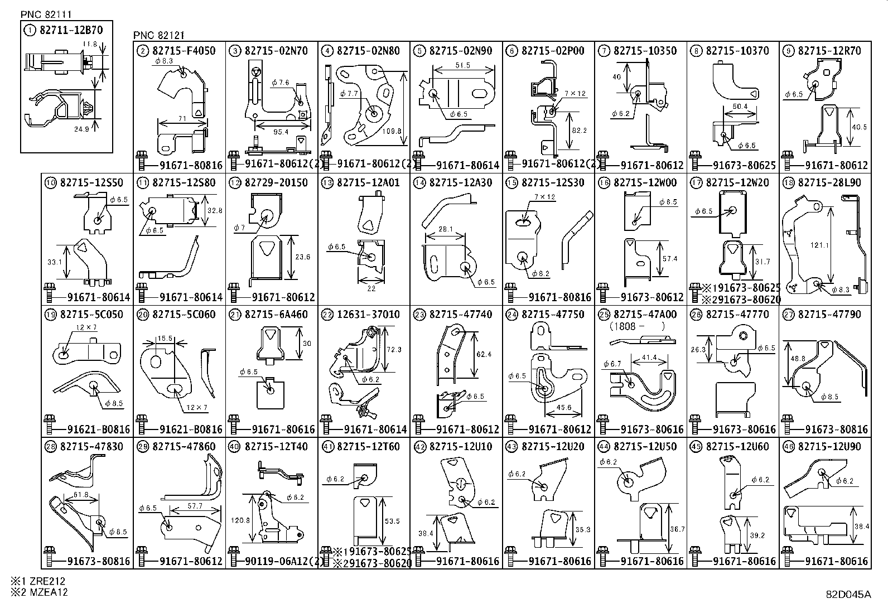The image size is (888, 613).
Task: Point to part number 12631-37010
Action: point(368,315)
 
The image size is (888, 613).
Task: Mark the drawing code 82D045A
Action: point(848,594)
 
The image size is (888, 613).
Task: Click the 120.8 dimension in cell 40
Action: point(240,520)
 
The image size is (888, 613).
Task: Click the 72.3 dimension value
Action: point(393,350)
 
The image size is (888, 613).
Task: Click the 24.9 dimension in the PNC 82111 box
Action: point(81,129)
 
